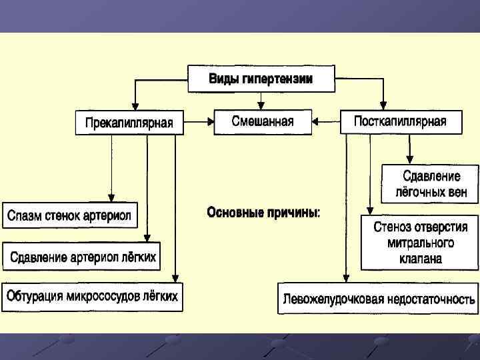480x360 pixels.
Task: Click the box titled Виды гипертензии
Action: tap(261, 79)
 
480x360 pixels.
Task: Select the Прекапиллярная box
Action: tap(129, 123)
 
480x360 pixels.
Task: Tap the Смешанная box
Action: tap(262, 121)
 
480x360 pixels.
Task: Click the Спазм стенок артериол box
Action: tap(70, 215)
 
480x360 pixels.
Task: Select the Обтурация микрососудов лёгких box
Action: tap(93, 297)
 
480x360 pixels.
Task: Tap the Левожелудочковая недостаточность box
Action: tap(379, 299)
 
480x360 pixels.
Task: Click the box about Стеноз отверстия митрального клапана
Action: tap(420, 242)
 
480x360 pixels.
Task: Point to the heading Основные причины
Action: tap(263, 213)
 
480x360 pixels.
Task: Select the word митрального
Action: tap(421, 243)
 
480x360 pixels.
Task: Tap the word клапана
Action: tap(421, 259)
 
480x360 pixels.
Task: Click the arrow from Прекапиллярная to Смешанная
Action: tap(198, 121)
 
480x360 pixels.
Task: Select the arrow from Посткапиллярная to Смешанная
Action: tap(327, 121)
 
